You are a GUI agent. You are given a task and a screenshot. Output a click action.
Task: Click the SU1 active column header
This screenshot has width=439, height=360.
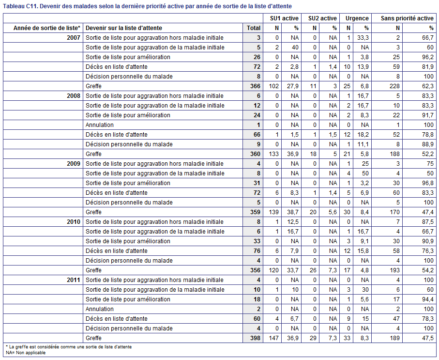[284, 18]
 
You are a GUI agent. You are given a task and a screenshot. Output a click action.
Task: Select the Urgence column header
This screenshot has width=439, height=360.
[357, 18]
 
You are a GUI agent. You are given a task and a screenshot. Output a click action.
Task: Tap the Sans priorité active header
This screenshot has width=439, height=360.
[407, 18]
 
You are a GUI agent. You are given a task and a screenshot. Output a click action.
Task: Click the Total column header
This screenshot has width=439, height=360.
[254, 28]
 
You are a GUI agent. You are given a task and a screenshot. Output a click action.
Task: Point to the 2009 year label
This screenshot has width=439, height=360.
[74, 164]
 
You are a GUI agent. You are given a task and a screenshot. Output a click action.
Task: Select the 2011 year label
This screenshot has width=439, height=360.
[74, 280]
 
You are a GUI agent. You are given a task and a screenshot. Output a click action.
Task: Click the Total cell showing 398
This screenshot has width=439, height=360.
[256, 338]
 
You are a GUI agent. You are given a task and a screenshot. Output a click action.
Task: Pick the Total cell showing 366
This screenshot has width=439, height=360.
[256, 86]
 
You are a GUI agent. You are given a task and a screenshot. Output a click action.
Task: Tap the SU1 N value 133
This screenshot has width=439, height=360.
[274, 154]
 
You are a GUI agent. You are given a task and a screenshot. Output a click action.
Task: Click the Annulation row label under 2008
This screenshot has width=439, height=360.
[100, 125]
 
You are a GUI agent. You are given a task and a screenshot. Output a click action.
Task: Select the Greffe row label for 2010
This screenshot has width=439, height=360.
[93, 270]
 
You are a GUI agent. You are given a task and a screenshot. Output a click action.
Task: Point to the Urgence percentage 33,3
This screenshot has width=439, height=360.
[363, 38]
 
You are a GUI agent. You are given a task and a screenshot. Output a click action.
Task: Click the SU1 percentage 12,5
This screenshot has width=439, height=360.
[293, 222]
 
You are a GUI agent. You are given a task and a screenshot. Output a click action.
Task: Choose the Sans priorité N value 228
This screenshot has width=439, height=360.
[394, 86]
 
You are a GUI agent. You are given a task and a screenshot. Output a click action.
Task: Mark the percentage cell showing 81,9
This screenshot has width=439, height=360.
[428, 67]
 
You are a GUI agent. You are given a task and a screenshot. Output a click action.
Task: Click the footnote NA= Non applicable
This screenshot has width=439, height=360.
[26, 353]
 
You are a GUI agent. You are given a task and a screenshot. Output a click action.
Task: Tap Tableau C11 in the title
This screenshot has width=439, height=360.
[20, 6]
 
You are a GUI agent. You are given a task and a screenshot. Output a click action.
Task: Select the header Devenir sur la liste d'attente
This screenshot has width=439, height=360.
[124, 28]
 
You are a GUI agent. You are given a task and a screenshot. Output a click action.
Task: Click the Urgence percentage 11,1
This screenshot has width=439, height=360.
[363, 144]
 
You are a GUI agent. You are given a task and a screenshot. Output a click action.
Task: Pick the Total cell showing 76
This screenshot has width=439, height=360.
[257, 251]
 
